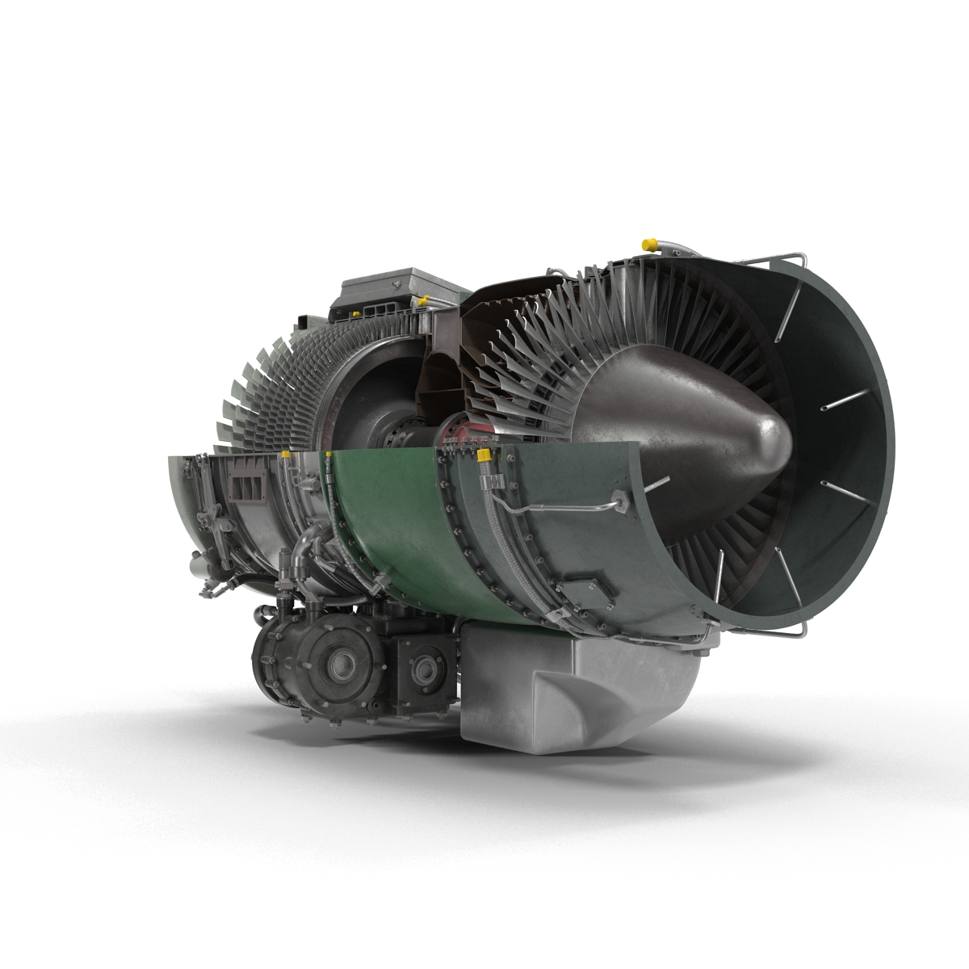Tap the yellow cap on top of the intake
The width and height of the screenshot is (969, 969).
(648, 242)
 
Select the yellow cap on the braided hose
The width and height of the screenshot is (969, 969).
(484, 457)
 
